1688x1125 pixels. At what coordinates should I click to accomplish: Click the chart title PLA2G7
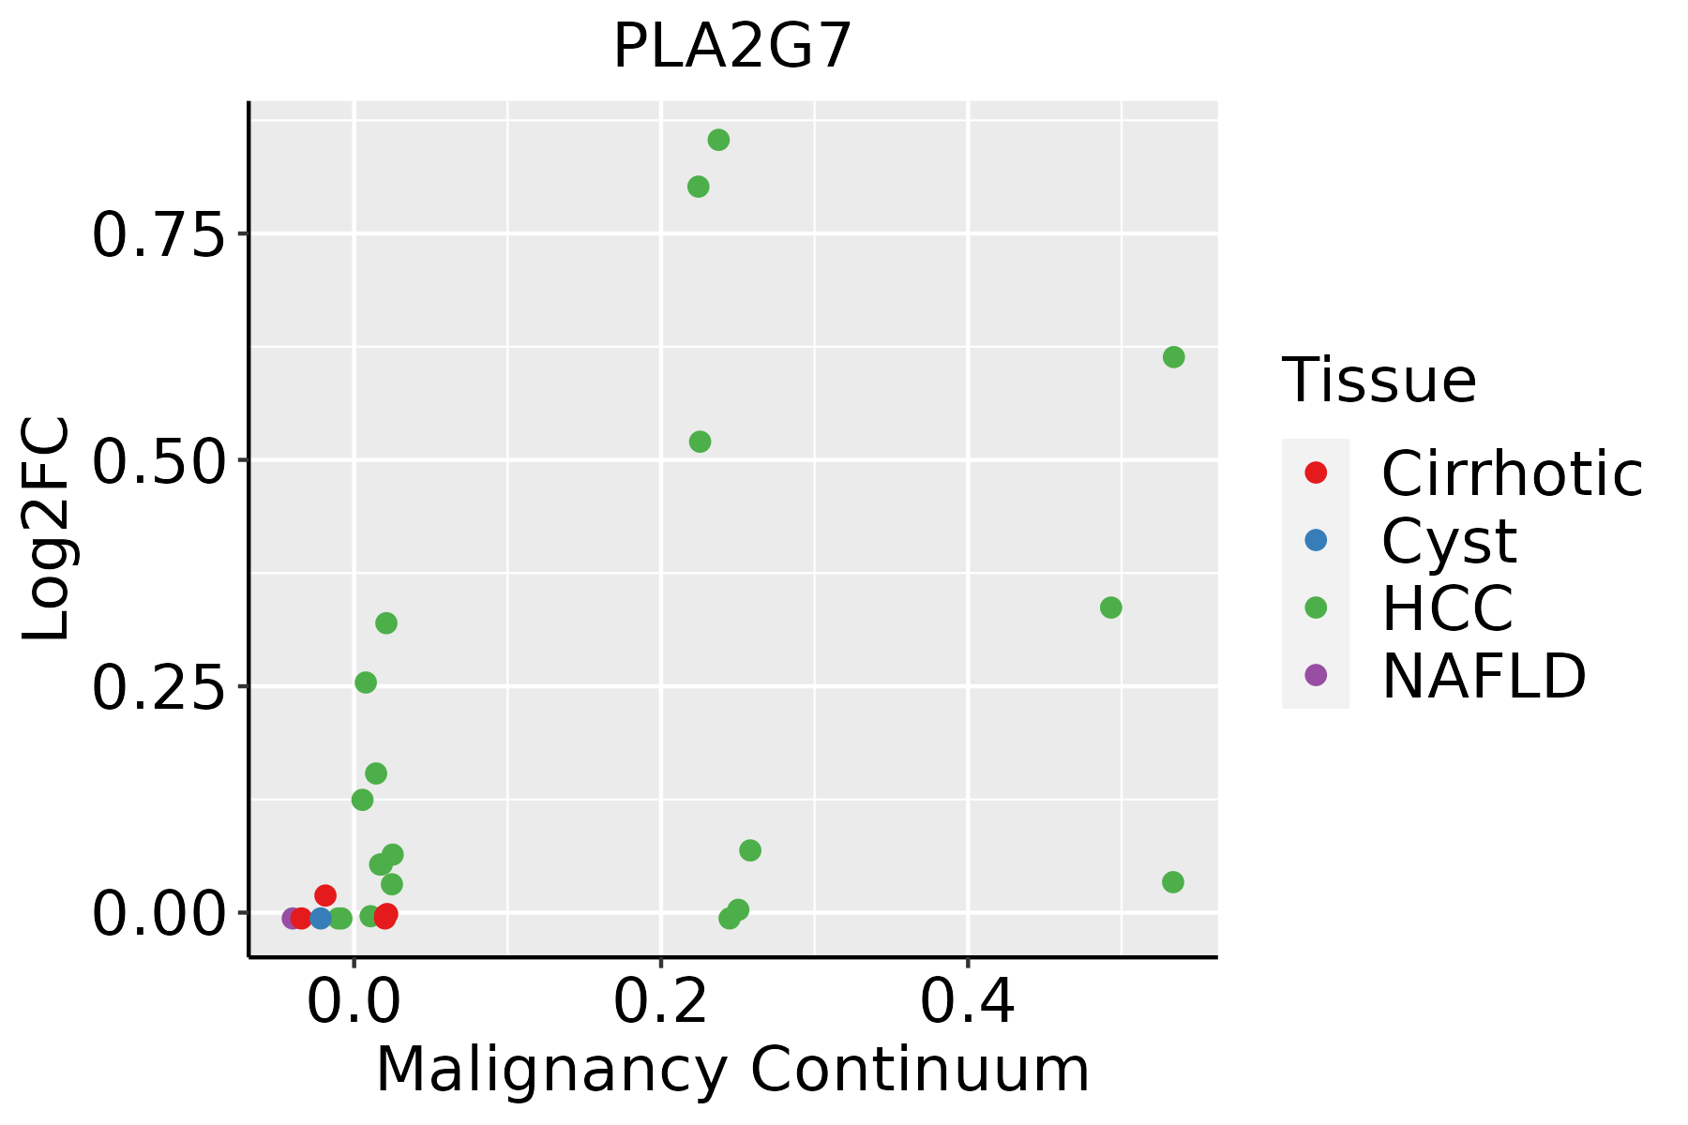[732, 47]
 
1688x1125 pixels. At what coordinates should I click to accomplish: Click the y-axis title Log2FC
[47, 530]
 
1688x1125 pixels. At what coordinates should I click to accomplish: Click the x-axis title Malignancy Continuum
[732, 1070]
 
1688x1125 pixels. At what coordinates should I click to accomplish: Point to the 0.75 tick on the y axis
[160, 234]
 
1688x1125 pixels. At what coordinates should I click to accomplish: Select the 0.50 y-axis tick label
[160, 461]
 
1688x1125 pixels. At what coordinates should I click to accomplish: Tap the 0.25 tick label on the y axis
[160, 687]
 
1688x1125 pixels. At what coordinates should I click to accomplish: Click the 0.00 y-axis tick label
[160, 914]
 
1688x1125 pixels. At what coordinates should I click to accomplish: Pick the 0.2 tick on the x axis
[660, 1003]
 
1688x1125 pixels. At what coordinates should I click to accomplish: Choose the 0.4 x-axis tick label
[967, 1003]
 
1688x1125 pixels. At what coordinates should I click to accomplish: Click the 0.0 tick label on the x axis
[354, 1003]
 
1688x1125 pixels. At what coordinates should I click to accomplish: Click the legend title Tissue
[1379, 381]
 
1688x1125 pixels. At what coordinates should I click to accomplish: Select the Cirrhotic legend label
[1512, 473]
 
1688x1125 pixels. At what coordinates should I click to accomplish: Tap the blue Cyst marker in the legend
[1316, 540]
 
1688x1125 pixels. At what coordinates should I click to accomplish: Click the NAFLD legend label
[1484, 675]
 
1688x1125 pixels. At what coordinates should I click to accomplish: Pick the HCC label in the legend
[1447, 607]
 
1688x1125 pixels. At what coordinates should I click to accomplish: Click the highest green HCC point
[718, 140]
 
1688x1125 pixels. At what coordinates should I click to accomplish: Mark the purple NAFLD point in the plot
[292, 918]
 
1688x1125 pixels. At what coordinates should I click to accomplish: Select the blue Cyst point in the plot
[321, 918]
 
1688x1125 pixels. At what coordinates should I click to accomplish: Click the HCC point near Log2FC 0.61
[1173, 357]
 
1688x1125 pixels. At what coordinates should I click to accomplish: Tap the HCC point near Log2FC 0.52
[700, 442]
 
